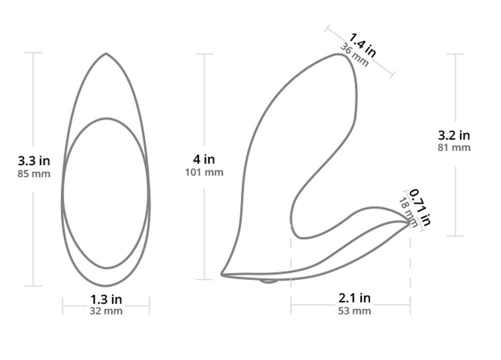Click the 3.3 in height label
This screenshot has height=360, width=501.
click(34, 161)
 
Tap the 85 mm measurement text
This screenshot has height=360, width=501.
click(34, 174)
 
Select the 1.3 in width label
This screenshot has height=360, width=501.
click(106, 299)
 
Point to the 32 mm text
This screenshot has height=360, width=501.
click(106, 311)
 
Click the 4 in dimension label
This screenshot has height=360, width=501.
click(204, 159)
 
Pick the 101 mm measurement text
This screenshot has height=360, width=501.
click(204, 172)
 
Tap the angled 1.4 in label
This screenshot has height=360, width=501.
click(363, 44)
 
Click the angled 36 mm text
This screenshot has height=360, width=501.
click(355, 55)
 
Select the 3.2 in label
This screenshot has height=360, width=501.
click(454, 135)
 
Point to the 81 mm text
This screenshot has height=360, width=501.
click(454, 147)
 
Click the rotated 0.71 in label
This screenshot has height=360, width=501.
click(420, 206)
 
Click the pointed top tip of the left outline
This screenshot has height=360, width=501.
click(106, 54)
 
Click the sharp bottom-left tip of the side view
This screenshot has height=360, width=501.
click(222, 274)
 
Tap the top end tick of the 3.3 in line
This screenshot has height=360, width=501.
click(34, 53)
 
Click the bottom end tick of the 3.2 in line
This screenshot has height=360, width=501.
click(455, 236)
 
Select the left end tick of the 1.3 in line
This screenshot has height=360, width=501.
click(63, 306)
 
